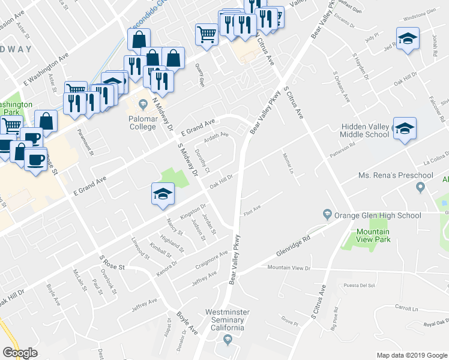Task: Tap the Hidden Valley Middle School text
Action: [x=365, y=131]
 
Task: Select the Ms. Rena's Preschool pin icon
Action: [x=420, y=188]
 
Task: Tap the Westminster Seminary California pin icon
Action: [x=228, y=341]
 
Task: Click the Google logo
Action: [x=20, y=353]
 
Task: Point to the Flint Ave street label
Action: [x=251, y=209]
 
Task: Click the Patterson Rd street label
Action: [x=343, y=149]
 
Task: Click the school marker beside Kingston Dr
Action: [x=161, y=195]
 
